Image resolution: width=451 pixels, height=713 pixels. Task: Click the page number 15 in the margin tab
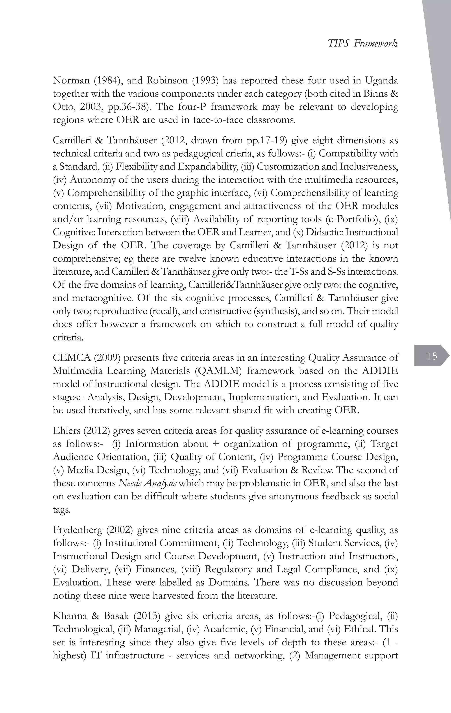432,356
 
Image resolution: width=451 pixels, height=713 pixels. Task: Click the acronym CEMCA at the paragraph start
72,358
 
